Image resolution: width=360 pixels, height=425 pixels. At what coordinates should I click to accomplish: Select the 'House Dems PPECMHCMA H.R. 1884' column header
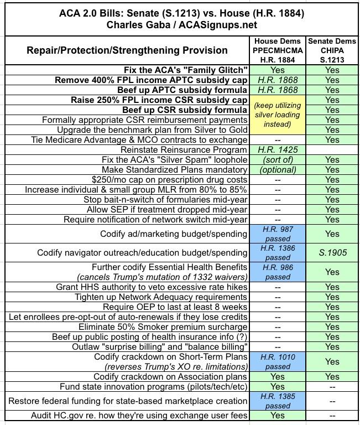pyautogui.click(x=277, y=50)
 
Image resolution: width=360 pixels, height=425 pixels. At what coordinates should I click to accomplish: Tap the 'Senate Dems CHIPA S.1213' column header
pyautogui.click(x=332, y=50)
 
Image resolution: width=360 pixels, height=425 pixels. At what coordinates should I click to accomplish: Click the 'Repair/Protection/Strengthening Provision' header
pyautogui.click(x=127, y=50)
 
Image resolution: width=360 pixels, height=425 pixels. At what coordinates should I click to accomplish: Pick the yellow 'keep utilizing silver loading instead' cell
pyautogui.click(x=277, y=115)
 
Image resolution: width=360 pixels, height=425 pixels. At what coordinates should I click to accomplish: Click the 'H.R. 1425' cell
pyautogui.click(x=277, y=150)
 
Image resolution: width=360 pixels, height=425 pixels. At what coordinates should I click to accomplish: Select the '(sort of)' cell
pyautogui.click(x=277, y=160)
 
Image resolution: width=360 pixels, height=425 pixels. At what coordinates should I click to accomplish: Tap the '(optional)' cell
pyautogui.click(x=277, y=170)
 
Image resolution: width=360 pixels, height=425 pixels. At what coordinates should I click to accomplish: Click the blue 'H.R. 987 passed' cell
pyautogui.click(x=277, y=234)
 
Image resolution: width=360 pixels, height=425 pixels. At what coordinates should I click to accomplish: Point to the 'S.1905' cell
pyautogui.click(x=332, y=253)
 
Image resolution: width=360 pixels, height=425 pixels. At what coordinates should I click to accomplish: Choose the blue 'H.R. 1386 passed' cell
pyautogui.click(x=277, y=253)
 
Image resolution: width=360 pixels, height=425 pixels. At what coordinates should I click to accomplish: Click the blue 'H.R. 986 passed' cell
pyautogui.click(x=277, y=272)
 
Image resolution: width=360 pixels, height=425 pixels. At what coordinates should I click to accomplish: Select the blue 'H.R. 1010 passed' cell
pyautogui.click(x=277, y=361)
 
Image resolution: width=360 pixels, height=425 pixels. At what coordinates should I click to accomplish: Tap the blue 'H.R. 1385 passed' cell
pyautogui.click(x=277, y=401)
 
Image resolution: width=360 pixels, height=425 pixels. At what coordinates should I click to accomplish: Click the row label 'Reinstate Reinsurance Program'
pyautogui.click(x=184, y=150)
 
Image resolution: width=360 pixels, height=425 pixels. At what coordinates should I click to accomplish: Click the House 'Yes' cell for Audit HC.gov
pyautogui.click(x=277, y=416)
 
